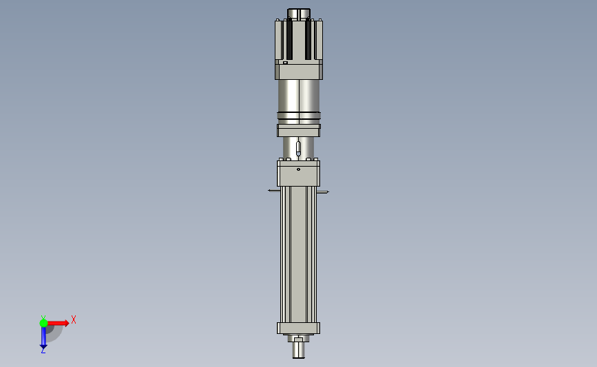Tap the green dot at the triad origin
coord(43,322)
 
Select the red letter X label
coord(74,319)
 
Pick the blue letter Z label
coord(43,351)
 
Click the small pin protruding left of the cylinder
coord(273,190)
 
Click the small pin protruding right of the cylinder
coord(323,192)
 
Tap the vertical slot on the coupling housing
coord(298,148)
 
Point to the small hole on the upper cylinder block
coord(298,169)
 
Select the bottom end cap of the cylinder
coord(298,328)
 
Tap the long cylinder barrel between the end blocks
coord(298,255)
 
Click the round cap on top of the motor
coord(299,13)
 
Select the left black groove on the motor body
coord(289,39)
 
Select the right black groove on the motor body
coord(308,39)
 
